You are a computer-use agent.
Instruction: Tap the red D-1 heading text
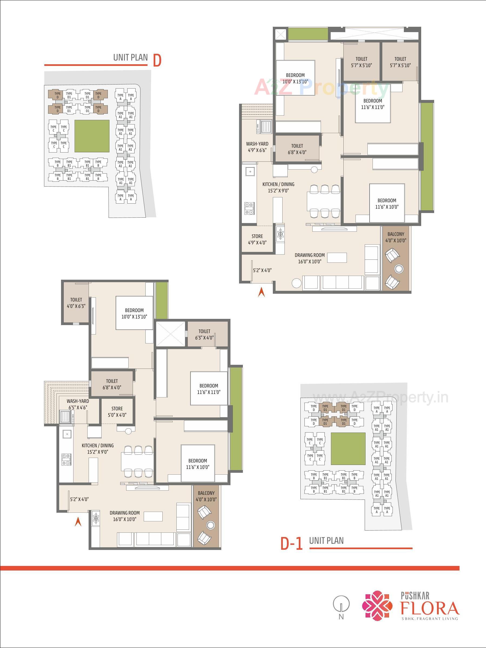click(291, 544)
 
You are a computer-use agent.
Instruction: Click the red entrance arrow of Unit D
click(261, 292)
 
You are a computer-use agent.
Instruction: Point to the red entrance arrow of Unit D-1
click(78, 521)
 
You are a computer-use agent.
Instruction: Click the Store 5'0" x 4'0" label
click(117, 411)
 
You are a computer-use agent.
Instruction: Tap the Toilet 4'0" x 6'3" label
click(76, 303)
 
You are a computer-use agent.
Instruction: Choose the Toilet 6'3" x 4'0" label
click(205, 334)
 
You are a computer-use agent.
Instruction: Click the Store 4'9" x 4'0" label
click(257, 239)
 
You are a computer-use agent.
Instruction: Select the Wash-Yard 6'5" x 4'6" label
click(78, 404)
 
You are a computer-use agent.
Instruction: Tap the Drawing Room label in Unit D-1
click(125, 516)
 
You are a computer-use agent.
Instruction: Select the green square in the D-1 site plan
click(348, 449)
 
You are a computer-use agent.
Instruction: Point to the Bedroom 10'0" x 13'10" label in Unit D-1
click(134, 313)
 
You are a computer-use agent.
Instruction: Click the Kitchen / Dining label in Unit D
click(278, 187)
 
